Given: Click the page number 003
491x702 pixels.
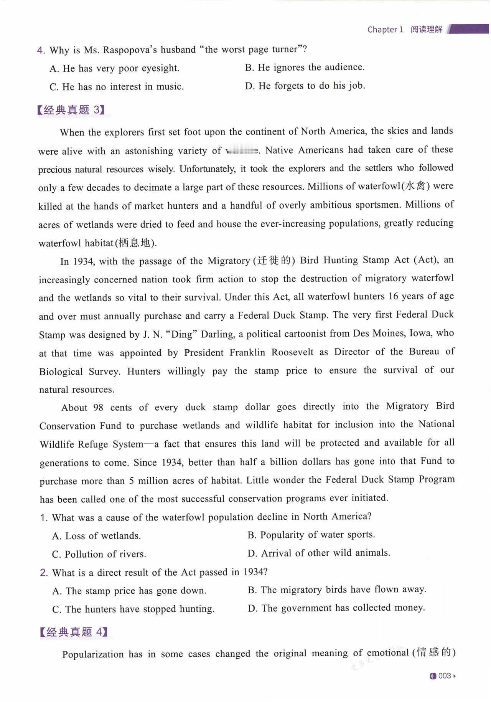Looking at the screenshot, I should pyautogui.click(x=444, y=676).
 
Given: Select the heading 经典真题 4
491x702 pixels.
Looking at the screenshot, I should pyautogui.click(x=73, y=632).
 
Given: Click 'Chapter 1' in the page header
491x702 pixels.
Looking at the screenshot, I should pyautogui.click(x=385, y=30).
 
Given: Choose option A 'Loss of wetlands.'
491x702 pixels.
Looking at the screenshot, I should pyautogui.click(x=97, y=536).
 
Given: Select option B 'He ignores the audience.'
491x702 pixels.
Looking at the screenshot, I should pyautogui.click(x=305, y=68).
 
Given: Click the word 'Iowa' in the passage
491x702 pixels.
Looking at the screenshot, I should pyautogui.click(x=422, y=333).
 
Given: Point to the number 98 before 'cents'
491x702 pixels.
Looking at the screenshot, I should pyautogui.click(x=98, y=408).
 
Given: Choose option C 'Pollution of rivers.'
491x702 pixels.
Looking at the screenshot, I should pyautogui.click(x=99, y=554).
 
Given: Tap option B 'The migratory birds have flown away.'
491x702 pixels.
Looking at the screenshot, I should pyautogui.click(x=337, y=590).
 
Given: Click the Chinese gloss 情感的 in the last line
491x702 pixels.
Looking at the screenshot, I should pyautogui.click(x=433, y=652).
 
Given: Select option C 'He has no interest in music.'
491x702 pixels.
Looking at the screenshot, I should pyautogui.click(x=117, y=87).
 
